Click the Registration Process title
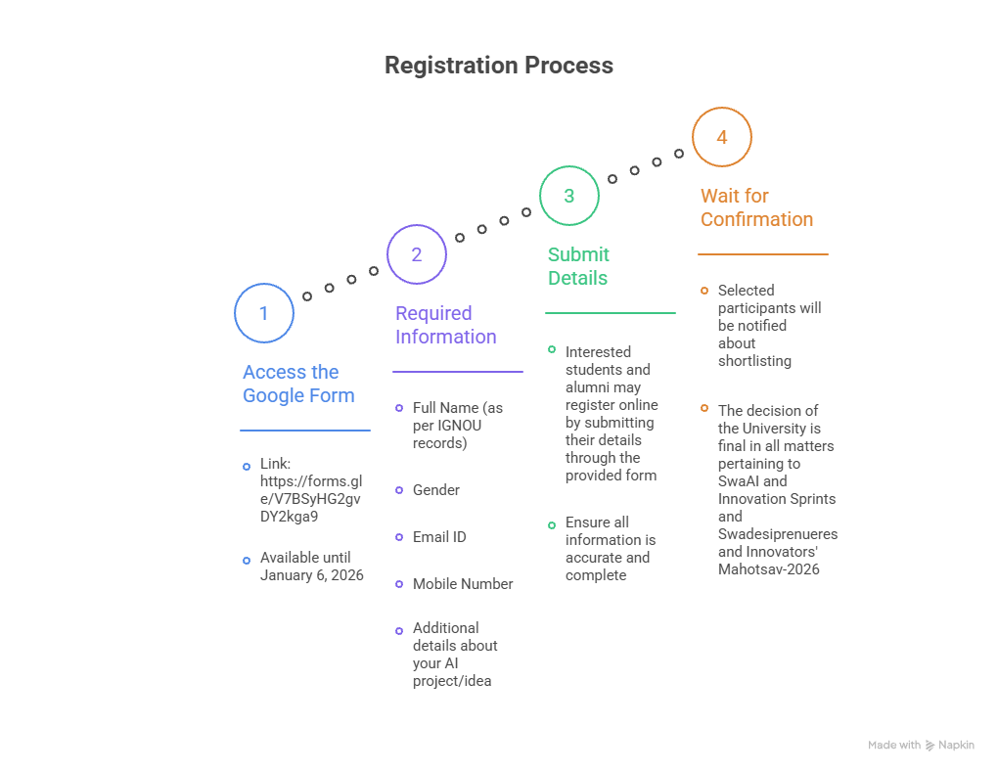pos(498,66)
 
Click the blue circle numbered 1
pos(264,313)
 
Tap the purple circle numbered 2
pos(417,254)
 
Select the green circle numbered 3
pos(569,196)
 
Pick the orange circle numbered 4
pos(722,137)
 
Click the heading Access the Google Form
pos(298,384)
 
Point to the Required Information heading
pos(445,325)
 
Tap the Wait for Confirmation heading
pos(756,207)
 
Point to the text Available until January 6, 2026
pos(311,567)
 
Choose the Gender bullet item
pos(436,490)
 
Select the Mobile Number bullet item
pos(463,584)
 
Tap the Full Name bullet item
pos(457,425)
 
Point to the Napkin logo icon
pos(930,746)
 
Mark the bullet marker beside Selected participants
pos(704,291)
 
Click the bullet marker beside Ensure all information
pos(552,525)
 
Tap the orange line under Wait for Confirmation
pos(763,254)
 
